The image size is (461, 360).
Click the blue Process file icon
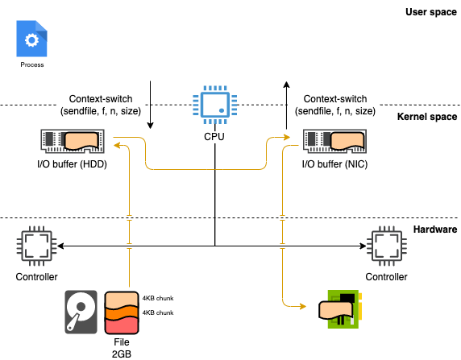pos(31,39)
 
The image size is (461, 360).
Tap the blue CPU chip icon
pos(215,105)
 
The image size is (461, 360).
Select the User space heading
pos(431,12)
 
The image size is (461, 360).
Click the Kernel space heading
pos(427,117)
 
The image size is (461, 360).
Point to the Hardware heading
pos(435,230)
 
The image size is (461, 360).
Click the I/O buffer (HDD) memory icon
pos(73,142)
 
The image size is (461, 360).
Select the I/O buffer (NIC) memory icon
pos(335,142)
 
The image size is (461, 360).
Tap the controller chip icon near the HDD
pos(37,246)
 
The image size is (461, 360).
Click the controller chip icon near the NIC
pos(387,246)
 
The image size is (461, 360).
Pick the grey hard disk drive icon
pos(81,312)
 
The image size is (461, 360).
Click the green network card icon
pos(340,309)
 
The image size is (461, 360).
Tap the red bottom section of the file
pos(122,325)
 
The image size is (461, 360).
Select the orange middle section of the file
pos(122,313)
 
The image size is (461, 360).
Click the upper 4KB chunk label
pos(158,298)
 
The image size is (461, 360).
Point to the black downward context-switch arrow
pos(150,105)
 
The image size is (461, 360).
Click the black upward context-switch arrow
pos(287,105)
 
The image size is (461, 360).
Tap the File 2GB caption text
pos(122,348)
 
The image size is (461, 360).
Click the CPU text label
pos(214,137)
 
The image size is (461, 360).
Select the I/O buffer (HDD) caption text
pos(72,164)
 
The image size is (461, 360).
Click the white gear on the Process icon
pos(31,40)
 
